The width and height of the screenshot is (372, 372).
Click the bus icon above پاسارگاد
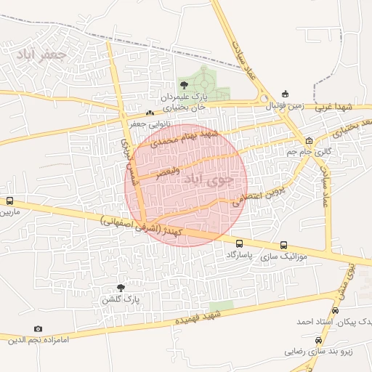coord(239,243)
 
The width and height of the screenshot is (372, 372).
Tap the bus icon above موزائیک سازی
coord(283,245)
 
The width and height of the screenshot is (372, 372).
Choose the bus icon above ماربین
coord(9,201)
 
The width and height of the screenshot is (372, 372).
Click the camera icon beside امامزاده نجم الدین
coord(38,329)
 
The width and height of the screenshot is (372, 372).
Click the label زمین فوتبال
coord(286,106)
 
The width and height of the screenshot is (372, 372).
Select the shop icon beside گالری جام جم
coord(310,140)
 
